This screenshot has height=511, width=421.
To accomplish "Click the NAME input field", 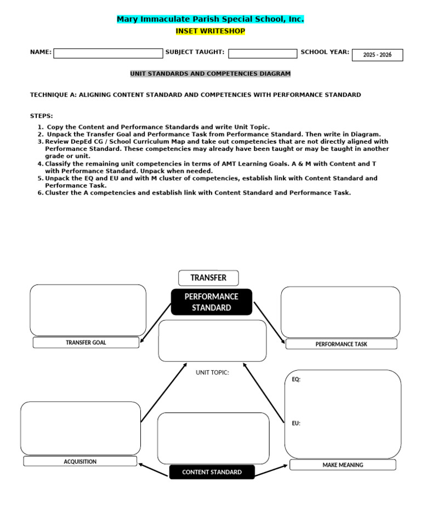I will [108, 53].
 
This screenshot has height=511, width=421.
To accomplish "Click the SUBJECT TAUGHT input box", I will [263, 54].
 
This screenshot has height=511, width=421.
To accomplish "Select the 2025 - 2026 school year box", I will [377, 55].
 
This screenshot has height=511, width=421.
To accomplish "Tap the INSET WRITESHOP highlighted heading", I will [210, 31].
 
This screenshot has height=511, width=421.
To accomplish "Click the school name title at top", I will [210, 19].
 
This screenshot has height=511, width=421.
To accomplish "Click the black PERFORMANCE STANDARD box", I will [212, 302].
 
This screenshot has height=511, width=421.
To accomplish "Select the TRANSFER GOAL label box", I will [86, 343].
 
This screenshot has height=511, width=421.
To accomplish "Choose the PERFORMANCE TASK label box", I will [341, 344].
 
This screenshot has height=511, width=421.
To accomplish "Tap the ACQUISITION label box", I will [80, 462].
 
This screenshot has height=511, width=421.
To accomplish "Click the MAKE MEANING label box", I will [343, 465].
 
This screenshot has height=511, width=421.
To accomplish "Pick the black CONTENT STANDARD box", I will [212, 472].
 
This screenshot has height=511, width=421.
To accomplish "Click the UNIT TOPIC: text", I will [213, 373].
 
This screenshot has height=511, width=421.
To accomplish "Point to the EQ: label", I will [296, 379].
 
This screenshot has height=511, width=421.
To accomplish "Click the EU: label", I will [296, 423].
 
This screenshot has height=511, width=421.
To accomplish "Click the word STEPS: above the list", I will [42, 116].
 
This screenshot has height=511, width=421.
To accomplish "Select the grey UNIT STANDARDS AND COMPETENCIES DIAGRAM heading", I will [210, 73].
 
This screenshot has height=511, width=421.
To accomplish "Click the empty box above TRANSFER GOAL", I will [88, 310].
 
